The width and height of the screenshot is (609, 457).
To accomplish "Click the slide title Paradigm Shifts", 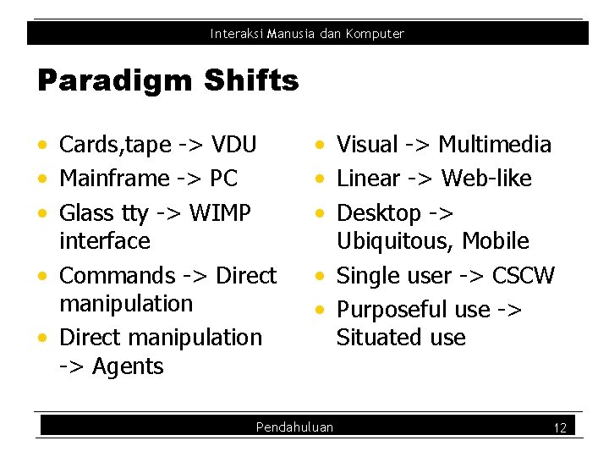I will tap(167, 81).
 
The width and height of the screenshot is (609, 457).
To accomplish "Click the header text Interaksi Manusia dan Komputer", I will tap(307, 34).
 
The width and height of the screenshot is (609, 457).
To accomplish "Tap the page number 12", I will tap(559, 428).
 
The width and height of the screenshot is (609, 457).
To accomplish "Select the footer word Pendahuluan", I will tap(294, 427).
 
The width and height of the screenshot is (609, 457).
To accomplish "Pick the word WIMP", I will tap(221, 213).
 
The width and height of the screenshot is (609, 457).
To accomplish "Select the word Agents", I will tap(128, 366).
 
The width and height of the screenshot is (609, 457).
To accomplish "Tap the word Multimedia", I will tap(495, 145).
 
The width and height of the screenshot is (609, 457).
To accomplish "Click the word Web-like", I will tap(486, 179).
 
